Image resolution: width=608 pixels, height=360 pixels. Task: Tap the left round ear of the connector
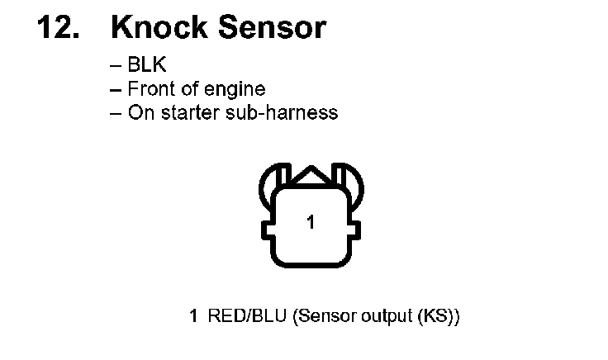(268, 187)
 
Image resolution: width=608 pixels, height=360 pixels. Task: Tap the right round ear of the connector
(354, 187)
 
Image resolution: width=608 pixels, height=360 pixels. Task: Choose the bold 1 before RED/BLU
(193, 315)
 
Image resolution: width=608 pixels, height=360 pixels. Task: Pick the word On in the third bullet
(137, 113)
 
